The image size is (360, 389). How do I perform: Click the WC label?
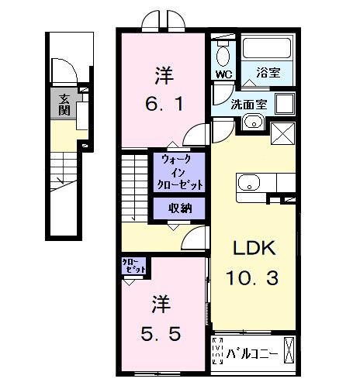pos(224,74)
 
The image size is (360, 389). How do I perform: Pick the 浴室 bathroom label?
pos(268,74)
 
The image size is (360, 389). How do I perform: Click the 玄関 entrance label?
pos(61,103)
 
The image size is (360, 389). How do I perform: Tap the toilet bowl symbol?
pos(223,55)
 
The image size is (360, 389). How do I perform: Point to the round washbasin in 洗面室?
pos(251,122)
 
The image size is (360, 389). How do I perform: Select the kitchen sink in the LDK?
pos(250,184)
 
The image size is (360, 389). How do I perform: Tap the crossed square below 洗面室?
pos(282,133)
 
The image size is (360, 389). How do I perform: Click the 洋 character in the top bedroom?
pos(163,75)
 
